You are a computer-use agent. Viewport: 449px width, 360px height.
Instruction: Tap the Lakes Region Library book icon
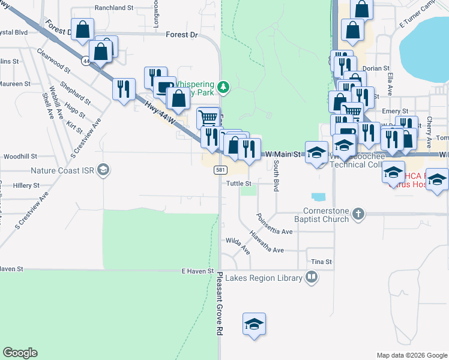coord(312,277)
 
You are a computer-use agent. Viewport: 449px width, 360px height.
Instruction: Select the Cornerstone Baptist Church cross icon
coord(358,212)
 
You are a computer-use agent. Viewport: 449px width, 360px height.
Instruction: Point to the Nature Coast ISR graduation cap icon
coord(103,169)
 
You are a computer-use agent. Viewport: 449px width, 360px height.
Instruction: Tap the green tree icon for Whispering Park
coord(223,88)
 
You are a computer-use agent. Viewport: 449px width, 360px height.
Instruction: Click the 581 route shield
coord(220,171)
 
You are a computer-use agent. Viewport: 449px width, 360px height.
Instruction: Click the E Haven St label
coord(198,271)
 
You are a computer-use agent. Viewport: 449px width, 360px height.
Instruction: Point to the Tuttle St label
coord(238,184)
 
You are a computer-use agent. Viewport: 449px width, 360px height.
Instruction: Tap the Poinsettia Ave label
coord(274,224)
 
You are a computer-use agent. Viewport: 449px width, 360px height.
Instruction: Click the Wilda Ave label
coord(238,244)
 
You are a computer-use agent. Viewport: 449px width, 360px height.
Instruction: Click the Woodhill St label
coord(20,156)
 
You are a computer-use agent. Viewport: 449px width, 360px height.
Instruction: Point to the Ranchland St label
coord(113,8)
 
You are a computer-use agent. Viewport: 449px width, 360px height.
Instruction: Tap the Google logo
coord(20,353)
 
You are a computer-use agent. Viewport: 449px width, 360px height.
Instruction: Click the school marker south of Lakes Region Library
coord(254,325)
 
